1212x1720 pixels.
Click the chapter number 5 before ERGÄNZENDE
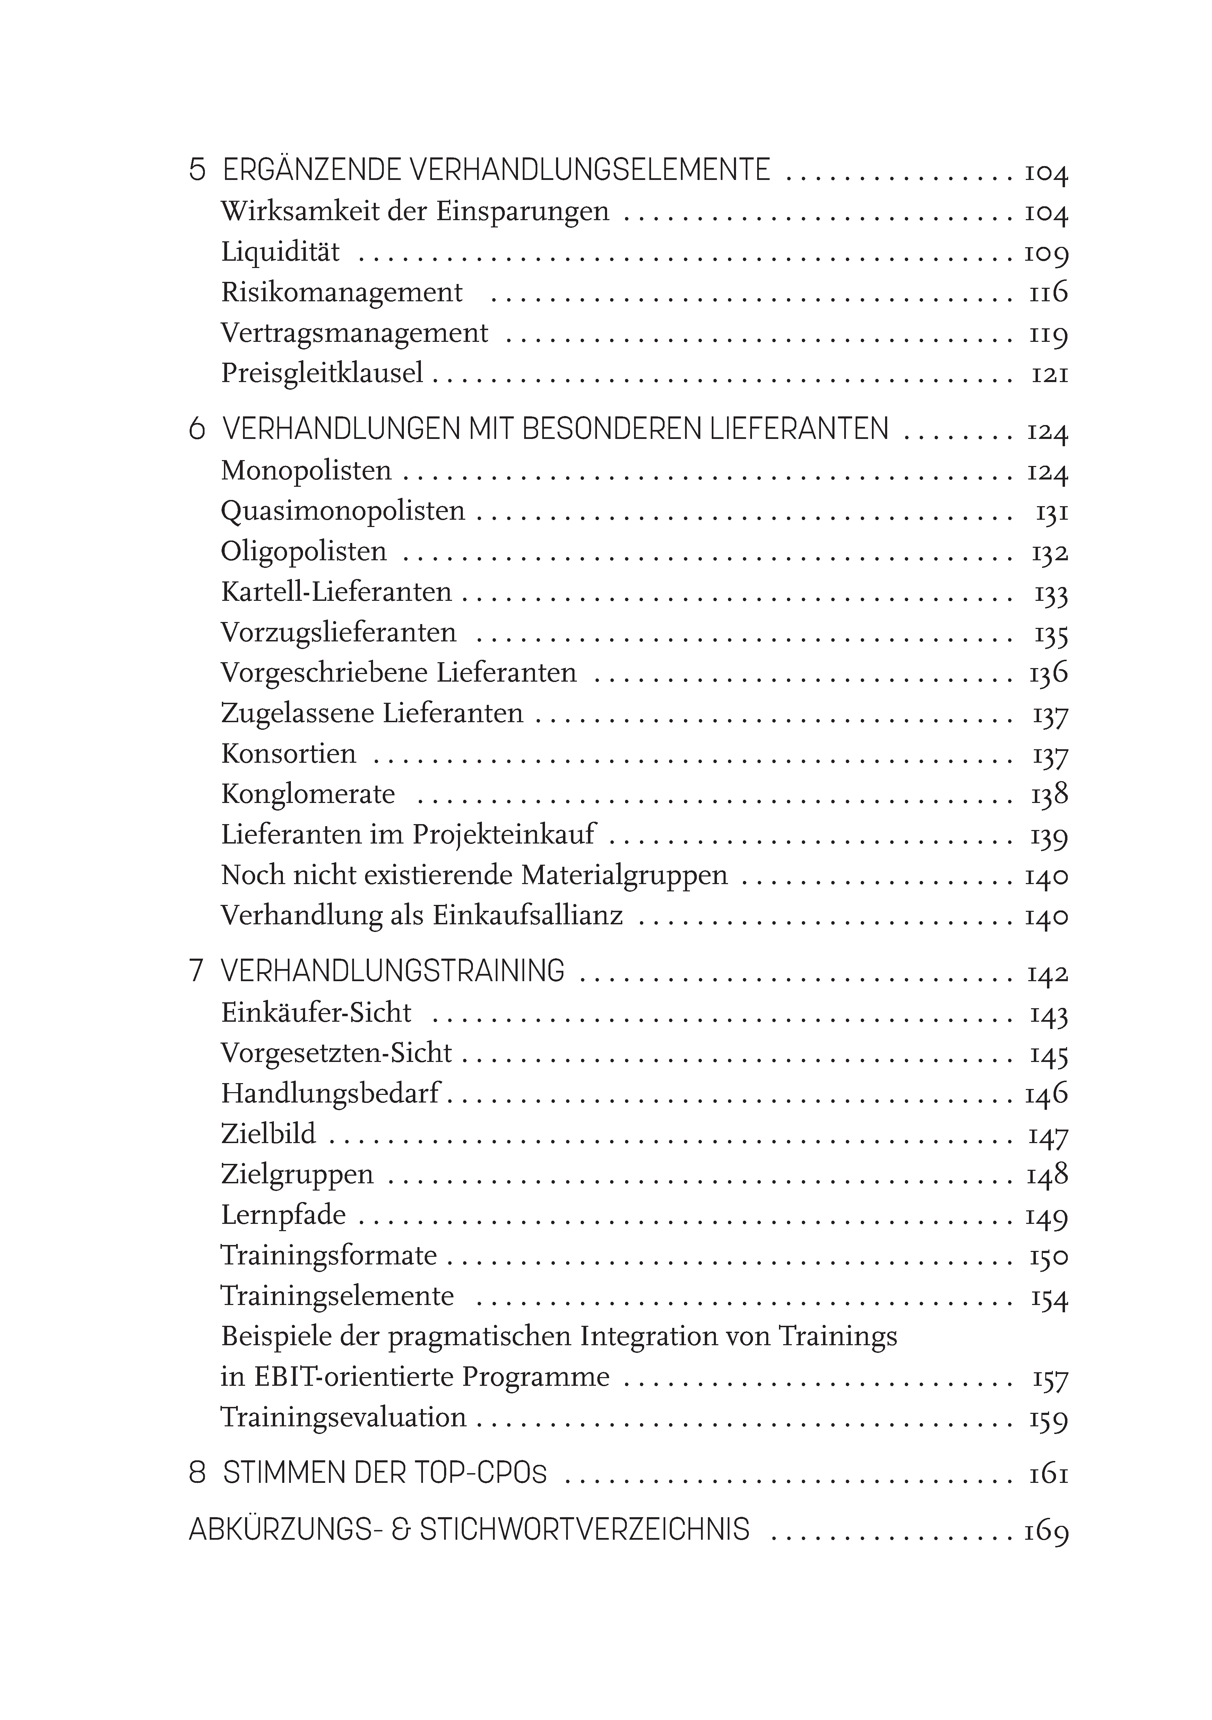pos(197,170)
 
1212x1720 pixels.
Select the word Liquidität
pos(280,252)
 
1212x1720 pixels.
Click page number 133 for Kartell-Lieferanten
pos(1050,593)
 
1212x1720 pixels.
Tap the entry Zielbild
pos(268,1134)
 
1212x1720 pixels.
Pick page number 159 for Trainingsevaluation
pos(1048,1418)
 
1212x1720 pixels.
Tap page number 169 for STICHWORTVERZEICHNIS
pos(1046,1530)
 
